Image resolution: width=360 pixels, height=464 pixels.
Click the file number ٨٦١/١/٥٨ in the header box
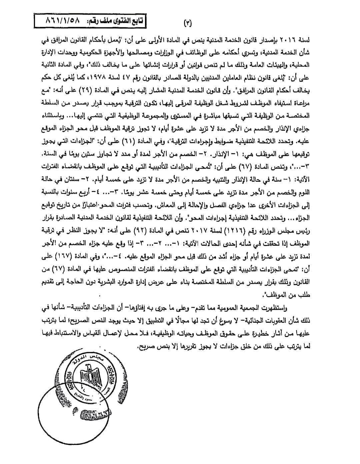[x=63, y=21]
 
